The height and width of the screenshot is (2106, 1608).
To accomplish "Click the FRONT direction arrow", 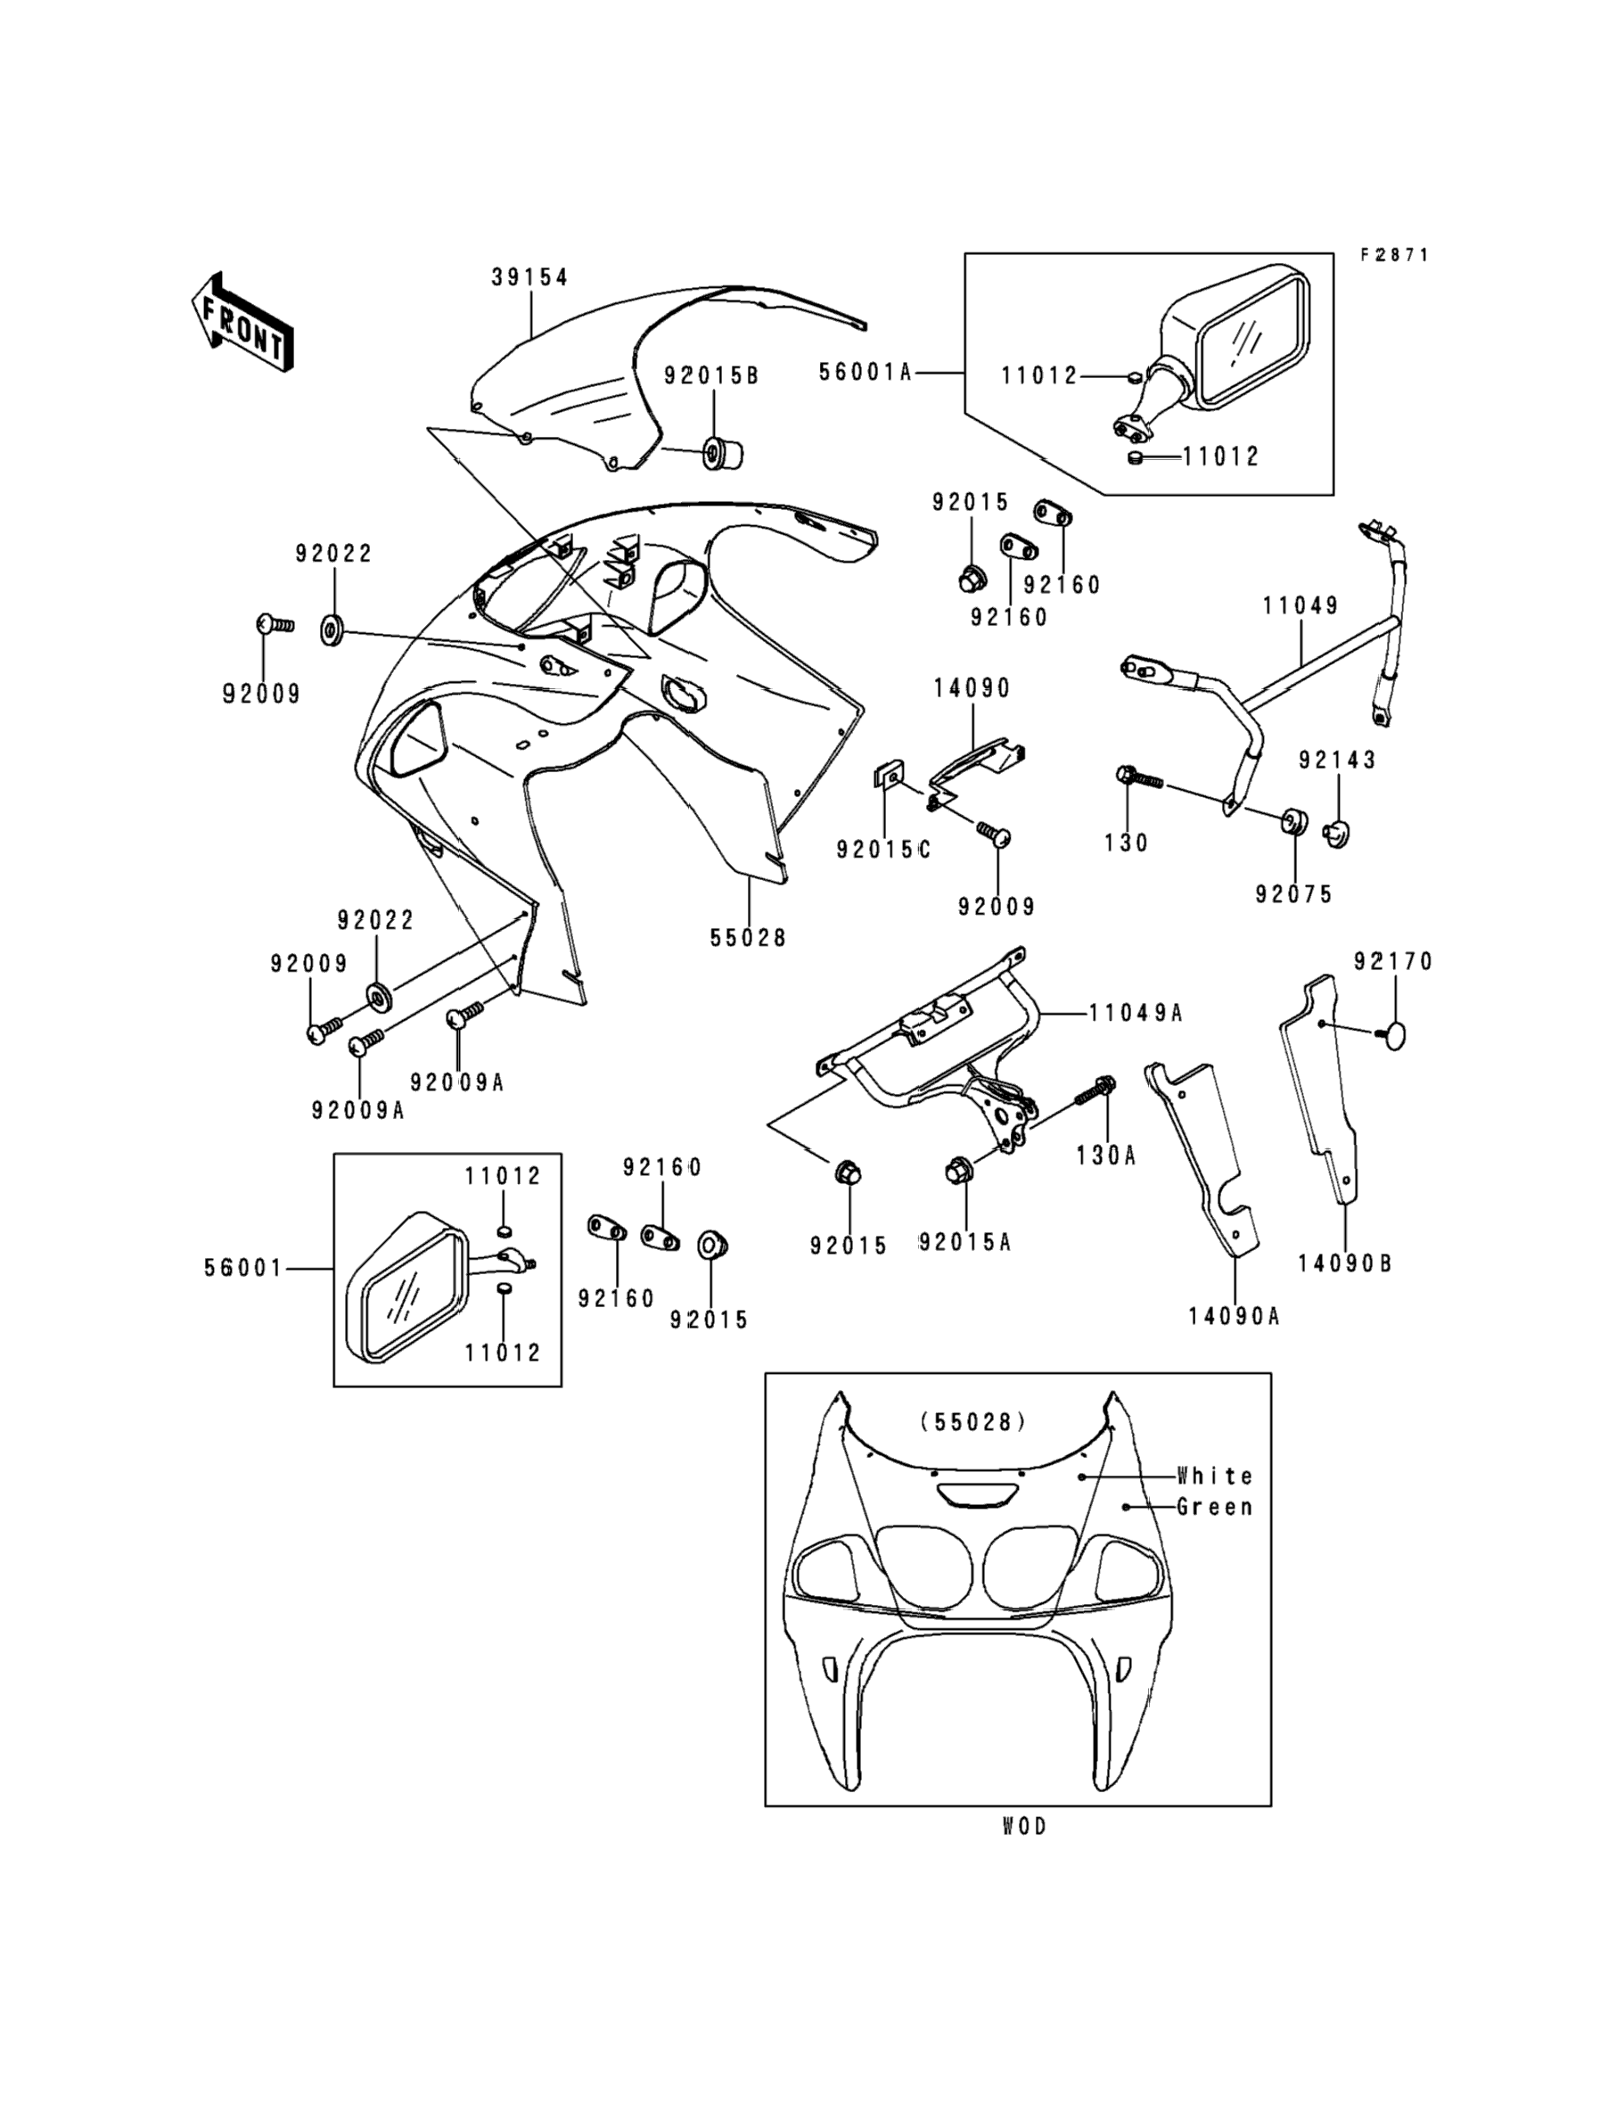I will [242, 323].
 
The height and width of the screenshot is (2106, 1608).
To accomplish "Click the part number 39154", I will [530, 277].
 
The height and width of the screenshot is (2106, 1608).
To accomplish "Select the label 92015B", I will [711, 376].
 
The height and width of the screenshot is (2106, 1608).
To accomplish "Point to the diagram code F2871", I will [1395, 255].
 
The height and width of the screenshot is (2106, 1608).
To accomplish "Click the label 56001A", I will [866, 373].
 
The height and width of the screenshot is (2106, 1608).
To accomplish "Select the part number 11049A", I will [1136, 1013].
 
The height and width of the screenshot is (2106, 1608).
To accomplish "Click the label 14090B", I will [1345, 1263].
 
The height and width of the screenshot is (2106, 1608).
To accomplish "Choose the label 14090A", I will [1234, 1316].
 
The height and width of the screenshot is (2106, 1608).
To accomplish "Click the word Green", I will [1215, 1507].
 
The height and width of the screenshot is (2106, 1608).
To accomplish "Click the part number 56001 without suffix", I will [243, 1269].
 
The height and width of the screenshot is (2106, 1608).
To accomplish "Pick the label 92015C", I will [882, 849].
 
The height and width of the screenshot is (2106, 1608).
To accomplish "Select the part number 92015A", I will [964, 1243].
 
